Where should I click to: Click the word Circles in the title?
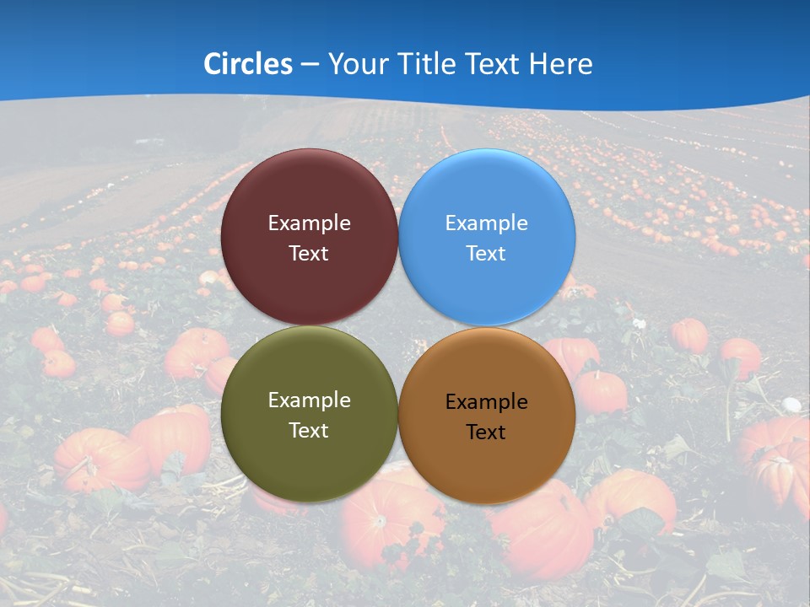[248, 64]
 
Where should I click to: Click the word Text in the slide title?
[496, 64]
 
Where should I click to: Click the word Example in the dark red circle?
[309, 223]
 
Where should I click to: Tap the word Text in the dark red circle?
[309, 254]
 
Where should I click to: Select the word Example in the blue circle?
[486, 223]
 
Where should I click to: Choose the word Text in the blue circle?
[486, 254]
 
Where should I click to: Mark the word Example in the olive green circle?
[309, 400]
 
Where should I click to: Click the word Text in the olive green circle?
[309, 431]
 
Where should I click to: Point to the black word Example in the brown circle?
[486, 402]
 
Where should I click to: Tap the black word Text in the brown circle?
[486, 432]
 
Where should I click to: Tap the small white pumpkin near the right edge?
[792, 405]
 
